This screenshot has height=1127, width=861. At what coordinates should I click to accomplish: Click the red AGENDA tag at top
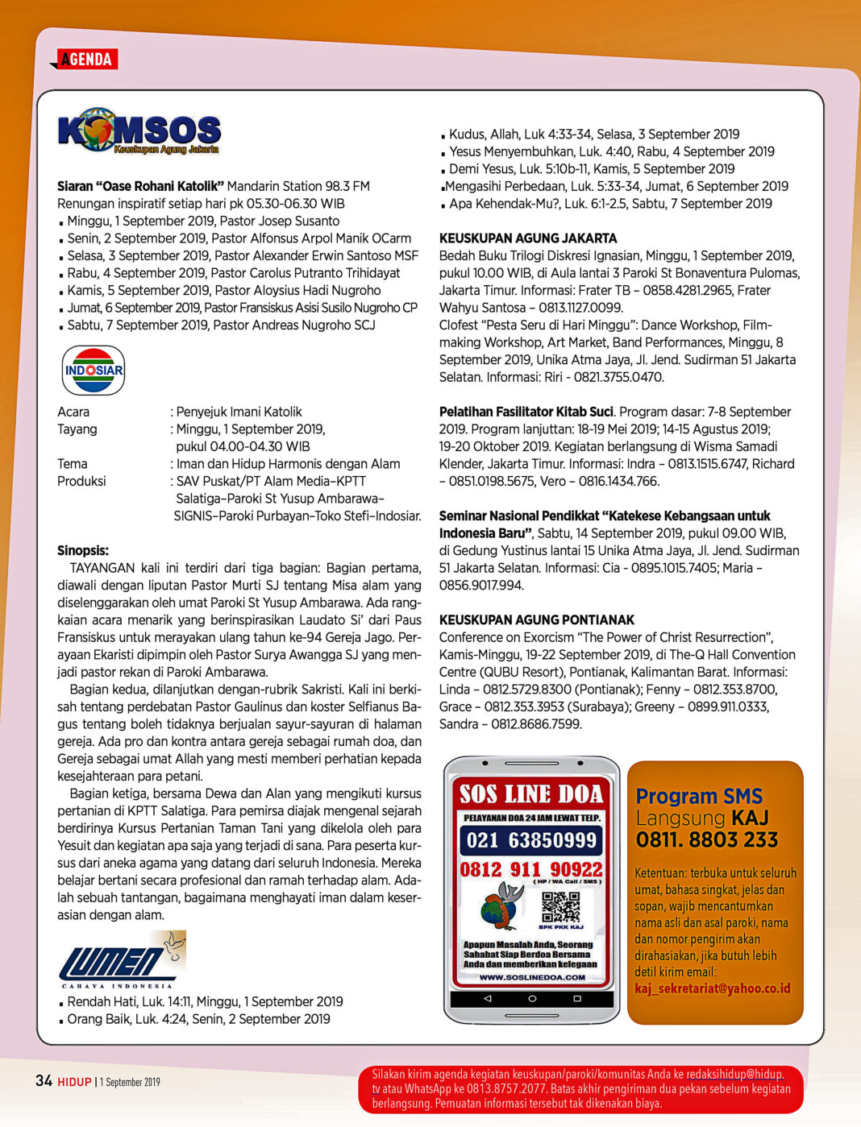[x=86, y=59]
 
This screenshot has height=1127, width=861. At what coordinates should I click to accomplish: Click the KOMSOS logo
[x=139, y=131]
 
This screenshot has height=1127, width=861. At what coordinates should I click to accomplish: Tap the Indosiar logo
[x=94, y=371]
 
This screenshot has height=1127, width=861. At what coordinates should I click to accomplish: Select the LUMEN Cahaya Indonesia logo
[x=121, y=959]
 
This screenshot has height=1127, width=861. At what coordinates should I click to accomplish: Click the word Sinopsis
[x=83, y=551]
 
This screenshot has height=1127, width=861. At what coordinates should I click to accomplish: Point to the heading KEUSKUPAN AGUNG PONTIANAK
[x=537, y=620]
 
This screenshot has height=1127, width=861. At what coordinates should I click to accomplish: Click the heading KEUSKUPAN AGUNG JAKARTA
[x=528, y=238]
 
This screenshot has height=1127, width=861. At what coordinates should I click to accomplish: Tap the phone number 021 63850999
[x=531, y=841]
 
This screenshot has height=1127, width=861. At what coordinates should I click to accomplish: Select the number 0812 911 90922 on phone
[x=531, y=870]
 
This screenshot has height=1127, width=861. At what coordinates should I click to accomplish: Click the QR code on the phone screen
[x=560, y=906]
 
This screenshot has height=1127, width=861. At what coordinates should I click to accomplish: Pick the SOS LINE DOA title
[x=531, y=795]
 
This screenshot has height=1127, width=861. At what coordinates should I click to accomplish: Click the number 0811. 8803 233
[x=707, y=840]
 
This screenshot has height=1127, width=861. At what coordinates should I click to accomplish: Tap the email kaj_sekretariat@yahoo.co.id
[x=713, y=988]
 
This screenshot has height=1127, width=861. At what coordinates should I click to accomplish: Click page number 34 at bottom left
[x=44, y=1081]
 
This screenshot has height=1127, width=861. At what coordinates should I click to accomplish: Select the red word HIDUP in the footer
[x=74, y=1082]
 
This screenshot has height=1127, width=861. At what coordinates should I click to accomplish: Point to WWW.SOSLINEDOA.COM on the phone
[x=532, y=977]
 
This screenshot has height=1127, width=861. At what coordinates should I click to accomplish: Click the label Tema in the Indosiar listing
[x=73, y=464]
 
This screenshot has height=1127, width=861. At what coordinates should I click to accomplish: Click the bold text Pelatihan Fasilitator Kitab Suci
[x=526, y=412]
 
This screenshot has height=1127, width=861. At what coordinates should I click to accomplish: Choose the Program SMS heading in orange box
[x=699, y=797]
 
